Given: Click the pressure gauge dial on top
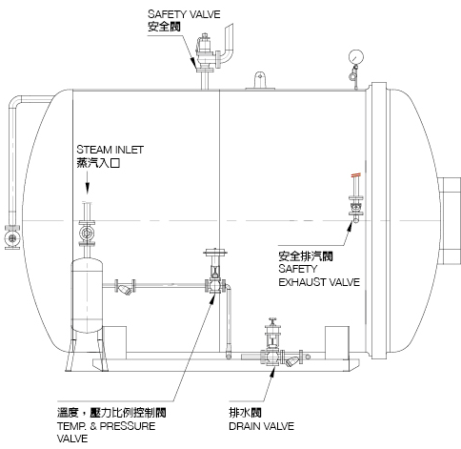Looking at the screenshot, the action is point(355,57).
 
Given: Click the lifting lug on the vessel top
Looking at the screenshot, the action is point(260,81).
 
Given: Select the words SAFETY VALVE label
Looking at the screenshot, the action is point(184,14).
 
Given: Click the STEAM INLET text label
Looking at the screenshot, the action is point(110,150).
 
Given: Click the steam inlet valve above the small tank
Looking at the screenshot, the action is point(87,233).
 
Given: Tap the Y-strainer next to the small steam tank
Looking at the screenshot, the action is point(125,288).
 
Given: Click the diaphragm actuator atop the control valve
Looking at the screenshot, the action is point(215,253).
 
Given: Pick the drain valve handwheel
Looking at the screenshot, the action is point(272,319).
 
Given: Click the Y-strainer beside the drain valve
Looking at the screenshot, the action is point(292,359).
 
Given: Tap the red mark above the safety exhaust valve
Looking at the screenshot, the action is point(356,174).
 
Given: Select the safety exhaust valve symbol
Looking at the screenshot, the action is point(355,206).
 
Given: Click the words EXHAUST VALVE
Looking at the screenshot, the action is point(319,282).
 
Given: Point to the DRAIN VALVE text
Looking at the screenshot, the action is point(261,426).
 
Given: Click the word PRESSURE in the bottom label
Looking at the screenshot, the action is point(128,426).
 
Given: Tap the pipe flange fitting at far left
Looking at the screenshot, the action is point(12,237).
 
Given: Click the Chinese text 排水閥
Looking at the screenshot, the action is point(245,413).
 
